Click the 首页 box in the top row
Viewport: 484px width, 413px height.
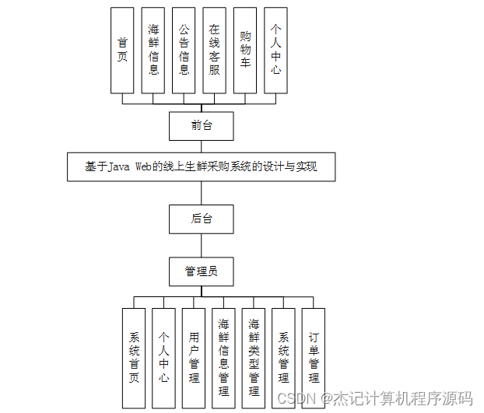122,51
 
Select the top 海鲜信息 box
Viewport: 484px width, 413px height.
153,51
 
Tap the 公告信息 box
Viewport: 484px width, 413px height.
184,51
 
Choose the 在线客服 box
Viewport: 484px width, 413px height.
214,51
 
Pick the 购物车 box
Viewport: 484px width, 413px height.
245,51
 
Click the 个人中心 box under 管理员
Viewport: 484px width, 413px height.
163,357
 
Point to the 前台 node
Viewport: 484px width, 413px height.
202,125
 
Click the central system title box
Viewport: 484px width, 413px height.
201,166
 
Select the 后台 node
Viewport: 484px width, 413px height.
202,219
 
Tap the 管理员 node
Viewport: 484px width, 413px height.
202,271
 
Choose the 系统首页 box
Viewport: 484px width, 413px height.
134,357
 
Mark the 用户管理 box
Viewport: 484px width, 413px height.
194,357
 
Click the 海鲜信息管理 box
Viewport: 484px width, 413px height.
223,357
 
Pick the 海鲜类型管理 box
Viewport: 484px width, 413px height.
254,357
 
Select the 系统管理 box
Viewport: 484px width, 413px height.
283,357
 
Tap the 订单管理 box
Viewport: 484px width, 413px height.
314,357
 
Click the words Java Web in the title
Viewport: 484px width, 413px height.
129,166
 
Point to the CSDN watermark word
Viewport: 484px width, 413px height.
294,398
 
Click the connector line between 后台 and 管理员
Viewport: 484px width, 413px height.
202,245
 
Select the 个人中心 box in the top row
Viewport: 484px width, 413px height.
275,51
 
